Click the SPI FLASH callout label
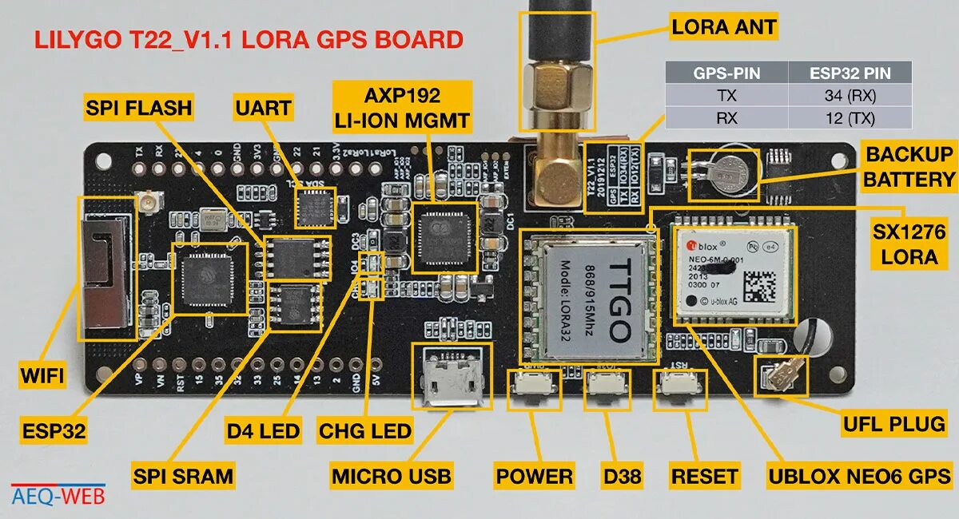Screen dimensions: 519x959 coord(139,107)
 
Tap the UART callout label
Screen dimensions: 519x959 coord(264,107)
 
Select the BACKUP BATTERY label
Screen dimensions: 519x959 coord(910,167)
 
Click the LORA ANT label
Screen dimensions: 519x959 coord(724,28)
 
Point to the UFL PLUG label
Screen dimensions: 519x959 coord(893,423)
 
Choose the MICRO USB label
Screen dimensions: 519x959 coord(392,477)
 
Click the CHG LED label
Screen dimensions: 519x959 coord(364,431)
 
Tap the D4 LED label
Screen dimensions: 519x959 coord(263,431)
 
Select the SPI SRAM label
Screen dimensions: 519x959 coord(183,477)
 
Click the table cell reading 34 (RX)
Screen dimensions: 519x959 coord(850,95)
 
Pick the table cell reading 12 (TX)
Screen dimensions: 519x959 coord(850,118)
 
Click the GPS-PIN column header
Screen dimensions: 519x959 coord(726,73)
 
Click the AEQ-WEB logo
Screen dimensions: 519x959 coord(58,494)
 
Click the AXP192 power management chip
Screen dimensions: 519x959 coord(444,236)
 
